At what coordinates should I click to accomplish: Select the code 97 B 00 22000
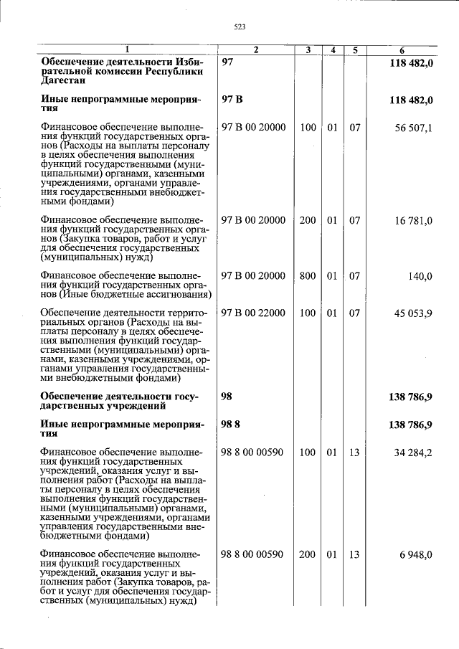254,313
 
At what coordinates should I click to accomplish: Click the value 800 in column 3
308,276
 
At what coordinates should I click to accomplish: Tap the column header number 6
402,50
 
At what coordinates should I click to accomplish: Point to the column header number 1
128,50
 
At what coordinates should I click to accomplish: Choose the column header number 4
333,50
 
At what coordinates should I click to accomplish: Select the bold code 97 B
232,100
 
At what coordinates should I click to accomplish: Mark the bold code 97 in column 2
228,63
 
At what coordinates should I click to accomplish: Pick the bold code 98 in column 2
228,397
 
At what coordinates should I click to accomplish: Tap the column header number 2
255,50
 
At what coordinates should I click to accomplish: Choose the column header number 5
355,50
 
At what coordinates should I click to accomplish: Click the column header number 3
308,50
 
